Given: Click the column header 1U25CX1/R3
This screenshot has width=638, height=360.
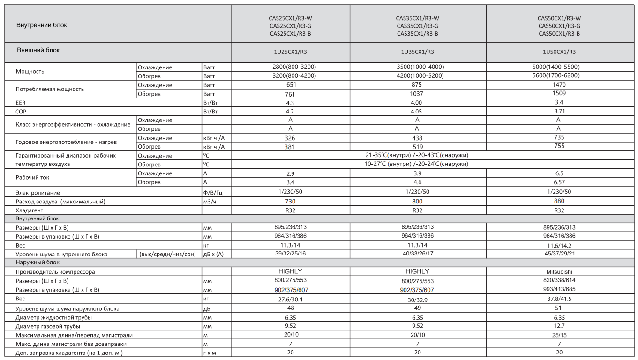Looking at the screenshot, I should tap(291, 52).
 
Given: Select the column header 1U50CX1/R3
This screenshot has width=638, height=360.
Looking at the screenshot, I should tap(559, 52).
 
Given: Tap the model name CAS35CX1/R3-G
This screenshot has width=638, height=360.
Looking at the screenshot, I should tap(417, 26).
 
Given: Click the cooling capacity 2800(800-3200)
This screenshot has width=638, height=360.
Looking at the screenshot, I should tap(291, 67).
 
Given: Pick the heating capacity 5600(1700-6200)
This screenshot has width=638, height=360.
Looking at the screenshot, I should tap(559, 75).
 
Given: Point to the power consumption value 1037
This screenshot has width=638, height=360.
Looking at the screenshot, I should tap(417, 94).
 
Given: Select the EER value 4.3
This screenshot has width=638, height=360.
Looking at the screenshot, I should tap(291, 103).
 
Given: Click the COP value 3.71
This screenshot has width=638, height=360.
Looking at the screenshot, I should tap(559, 112).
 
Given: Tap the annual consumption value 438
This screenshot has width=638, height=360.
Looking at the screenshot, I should tap(417, 138).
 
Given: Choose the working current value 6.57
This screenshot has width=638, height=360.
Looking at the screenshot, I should tap(559, 182).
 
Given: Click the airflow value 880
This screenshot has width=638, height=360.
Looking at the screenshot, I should tap(559, 201).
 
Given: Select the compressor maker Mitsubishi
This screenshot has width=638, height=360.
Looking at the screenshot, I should tap(559, 272).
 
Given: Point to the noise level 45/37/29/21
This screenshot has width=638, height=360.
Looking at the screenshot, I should tap(559, 254).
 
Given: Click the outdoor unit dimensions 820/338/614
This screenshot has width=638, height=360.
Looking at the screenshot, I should tap(559, 281).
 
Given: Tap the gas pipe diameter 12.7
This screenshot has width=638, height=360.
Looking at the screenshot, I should tap(559, 326).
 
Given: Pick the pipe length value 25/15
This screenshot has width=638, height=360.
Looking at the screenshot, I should tap(559, 335).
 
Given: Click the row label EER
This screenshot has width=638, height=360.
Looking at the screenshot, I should tap(21, 103).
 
